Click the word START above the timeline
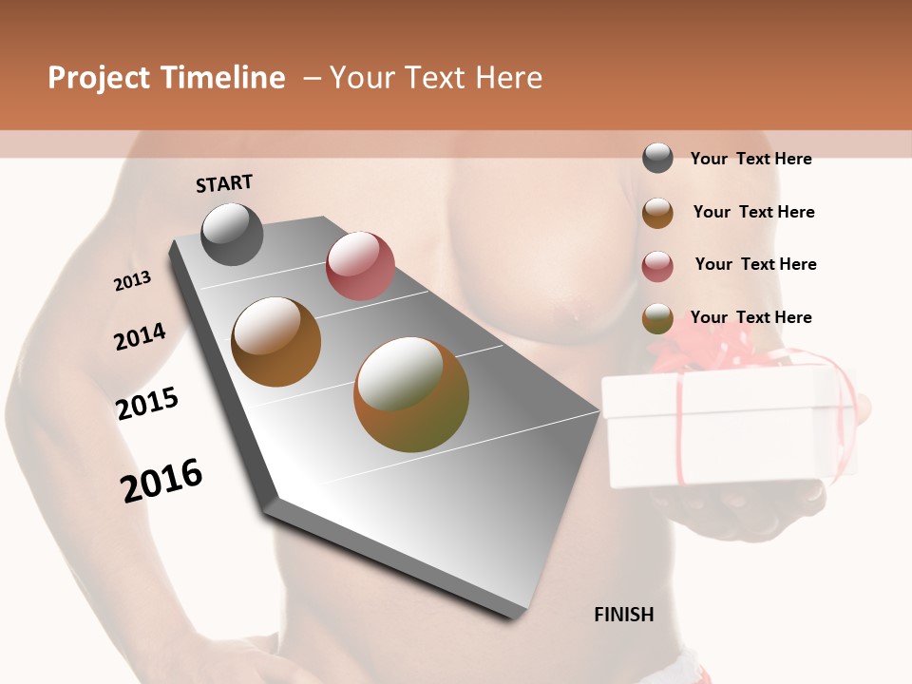click(224, 183)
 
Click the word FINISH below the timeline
click(624, 615)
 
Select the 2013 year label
click(132, 281)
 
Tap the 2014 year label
click(140, 337)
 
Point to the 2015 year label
click(147, 404)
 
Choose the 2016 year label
click(161, 481)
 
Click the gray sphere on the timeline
click(233, 234)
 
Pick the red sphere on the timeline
click(360, 266)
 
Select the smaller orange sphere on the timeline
click(276, 342)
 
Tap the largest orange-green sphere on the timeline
click(411, 394)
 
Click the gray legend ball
click(657, 158)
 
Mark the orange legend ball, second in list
click(657, 213)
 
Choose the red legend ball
click(657, 266)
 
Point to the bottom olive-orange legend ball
click(657, 318)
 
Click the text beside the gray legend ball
click(750, 159)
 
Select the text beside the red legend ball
click(755, 264)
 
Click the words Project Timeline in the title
click(166, 78)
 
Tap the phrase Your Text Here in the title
click(435, 78)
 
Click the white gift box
click(722, 427)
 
